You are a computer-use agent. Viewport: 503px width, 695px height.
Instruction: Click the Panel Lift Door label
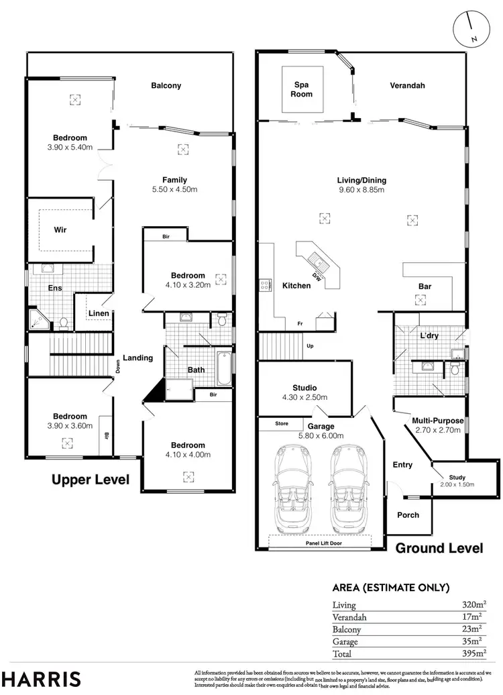pos(323,543)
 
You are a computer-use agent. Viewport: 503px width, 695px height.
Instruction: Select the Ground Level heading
pos(439,548)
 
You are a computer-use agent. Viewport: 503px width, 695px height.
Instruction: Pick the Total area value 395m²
pos(475,653)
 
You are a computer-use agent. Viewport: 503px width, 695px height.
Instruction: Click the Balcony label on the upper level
pos(166,86)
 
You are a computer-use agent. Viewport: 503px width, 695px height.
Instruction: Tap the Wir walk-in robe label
pos(60,229)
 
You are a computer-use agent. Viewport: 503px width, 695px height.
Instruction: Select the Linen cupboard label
pos(99,314)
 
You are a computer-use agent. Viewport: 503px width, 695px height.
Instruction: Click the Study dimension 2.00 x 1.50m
pos(457,484)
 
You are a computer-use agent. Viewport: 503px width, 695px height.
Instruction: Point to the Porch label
pos(408,515)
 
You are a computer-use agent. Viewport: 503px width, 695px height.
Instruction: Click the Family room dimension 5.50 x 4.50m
pos(174,189)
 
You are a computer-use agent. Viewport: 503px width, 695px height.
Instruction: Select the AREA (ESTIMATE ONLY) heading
pos(391,588)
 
